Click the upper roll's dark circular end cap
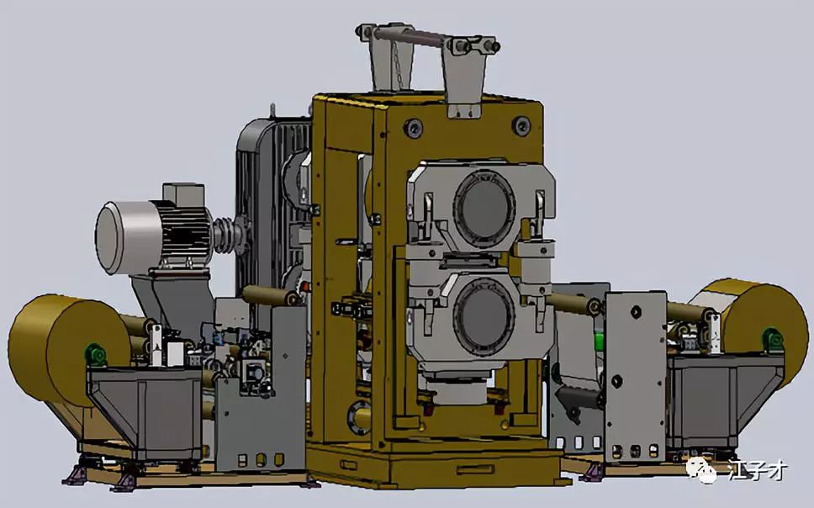click(484, 209)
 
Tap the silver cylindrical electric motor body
click(129, 237)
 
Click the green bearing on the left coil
click(96, 354)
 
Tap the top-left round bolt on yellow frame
click(413, 126)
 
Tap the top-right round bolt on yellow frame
click(521, 124)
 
